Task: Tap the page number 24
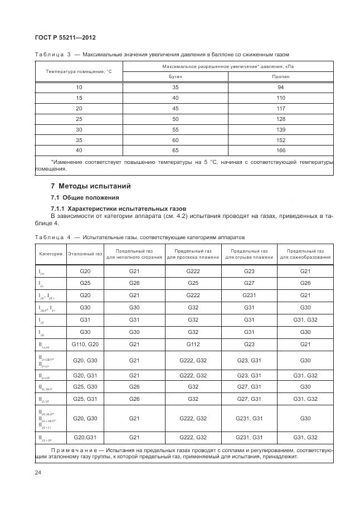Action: [x=38, y=473]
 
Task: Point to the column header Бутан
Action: [x=175, y=77]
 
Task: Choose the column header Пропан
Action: [x=281, y=77]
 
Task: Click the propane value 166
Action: [x=281, y=151]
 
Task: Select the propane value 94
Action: [x=281, y=88]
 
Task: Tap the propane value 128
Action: [x=281, y=119]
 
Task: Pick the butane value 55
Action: [x=176, y=130]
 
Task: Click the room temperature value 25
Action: [x=79, y=119]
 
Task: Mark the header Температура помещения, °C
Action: [x=79, y=72]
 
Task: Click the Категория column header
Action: [x=51, y=254]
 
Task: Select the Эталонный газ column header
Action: [x=85, y=254]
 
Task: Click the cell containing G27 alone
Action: [x=249, y=283]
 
